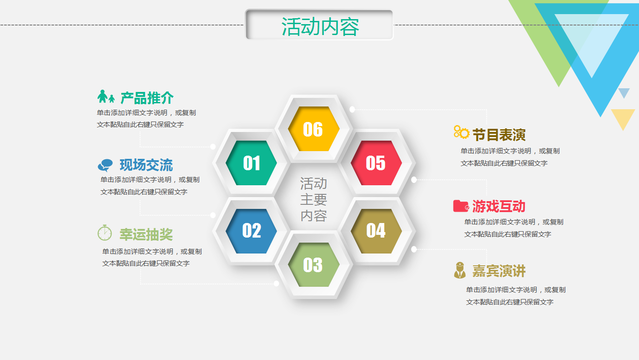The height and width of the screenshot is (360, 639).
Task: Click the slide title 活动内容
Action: [x=320, y=26]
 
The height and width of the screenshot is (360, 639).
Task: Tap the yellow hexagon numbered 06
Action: [x=313, y=129]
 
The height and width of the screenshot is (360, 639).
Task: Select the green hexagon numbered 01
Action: [x=252, y=163]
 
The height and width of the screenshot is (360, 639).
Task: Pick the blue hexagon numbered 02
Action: [x=252, y=231]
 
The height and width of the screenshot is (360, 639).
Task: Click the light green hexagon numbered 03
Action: [x=313, y=265]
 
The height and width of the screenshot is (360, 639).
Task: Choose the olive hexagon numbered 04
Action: [x=376, y=231]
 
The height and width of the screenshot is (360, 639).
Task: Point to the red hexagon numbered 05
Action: [x=376, y=163]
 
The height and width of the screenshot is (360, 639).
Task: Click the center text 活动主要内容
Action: [x=313, y=199]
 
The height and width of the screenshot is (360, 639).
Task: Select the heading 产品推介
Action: [x=147, y=98]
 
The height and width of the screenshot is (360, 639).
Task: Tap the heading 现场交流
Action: [x=146, y=165]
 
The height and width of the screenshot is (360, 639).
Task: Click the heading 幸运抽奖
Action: [x=146, y=234]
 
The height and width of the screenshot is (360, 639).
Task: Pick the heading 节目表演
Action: [x=499, y=135]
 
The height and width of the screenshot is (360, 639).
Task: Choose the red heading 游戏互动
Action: [x=498, y=206]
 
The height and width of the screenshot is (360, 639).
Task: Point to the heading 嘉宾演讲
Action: [x=499, y=271]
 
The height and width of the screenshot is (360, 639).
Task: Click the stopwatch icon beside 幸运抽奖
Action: [x=105, y=233]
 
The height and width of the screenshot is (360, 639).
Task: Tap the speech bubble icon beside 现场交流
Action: [x=105, y=165]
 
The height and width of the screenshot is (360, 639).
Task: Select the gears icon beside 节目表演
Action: [x=461, y=132]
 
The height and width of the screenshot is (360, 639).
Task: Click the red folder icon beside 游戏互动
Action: [x=461, y=206]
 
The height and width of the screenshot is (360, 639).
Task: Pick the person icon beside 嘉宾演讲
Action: [x=460, y=270]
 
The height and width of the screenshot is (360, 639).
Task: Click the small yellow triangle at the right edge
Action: [x=623, y=117]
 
